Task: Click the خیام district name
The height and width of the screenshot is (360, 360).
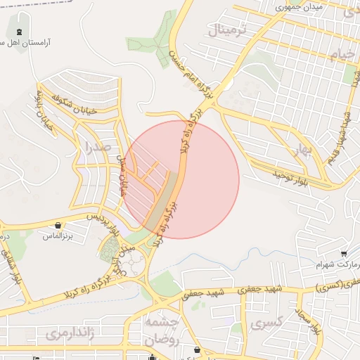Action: point(333,55)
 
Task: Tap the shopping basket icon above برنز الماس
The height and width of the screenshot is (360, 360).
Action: point(57,226)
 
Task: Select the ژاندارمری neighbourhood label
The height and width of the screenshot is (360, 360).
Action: point(64,333)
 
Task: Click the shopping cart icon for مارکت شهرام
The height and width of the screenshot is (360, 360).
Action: point(343,253)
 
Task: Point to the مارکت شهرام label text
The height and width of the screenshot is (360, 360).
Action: point(336,265)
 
